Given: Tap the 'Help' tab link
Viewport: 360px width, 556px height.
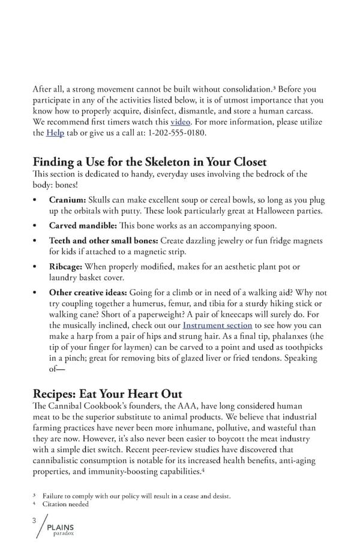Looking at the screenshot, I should click(x=55, y=133).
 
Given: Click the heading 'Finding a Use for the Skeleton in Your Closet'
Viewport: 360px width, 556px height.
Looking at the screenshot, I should click(x=149, y=162).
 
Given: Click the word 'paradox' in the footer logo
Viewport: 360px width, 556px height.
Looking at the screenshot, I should click(x=63, y=534).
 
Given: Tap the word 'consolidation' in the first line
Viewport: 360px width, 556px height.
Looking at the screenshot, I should click(x=247, y=90).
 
